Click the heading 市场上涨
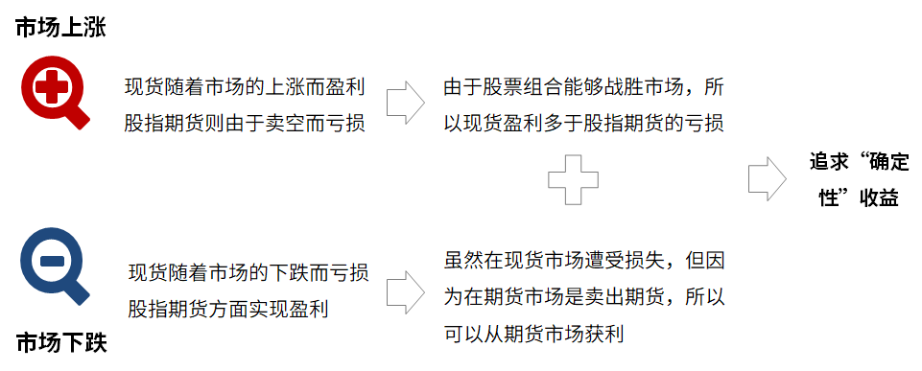(59, 30)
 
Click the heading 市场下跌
(60, 343)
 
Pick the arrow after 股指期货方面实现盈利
(405, 290)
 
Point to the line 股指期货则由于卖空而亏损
(245, 123)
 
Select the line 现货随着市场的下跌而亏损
(248, 273)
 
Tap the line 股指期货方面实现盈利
(225, 308)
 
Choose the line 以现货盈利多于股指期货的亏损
(582, 123)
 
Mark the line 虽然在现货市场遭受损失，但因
(582, 259)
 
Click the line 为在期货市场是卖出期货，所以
(582, 296)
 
